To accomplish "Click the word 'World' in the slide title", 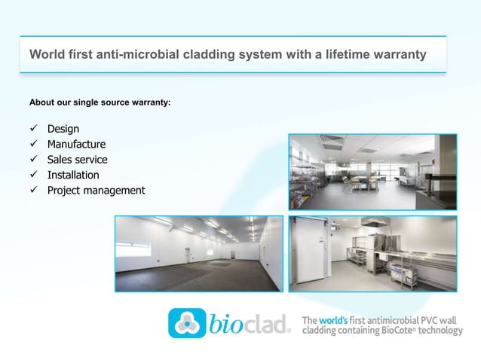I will coord(44,55).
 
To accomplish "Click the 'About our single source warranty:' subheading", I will coord(100,101).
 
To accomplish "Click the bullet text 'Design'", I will coord(63,129).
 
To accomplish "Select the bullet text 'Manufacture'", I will coord(76,144).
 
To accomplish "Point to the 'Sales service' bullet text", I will coord(77,160).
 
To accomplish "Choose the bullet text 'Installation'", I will coord(73,175).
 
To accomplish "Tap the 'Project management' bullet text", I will coord(96,190).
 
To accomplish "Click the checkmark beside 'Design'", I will coord(32,129).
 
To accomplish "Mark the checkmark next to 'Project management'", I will coord(32,190).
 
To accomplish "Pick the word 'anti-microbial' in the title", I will coord(130,55).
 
